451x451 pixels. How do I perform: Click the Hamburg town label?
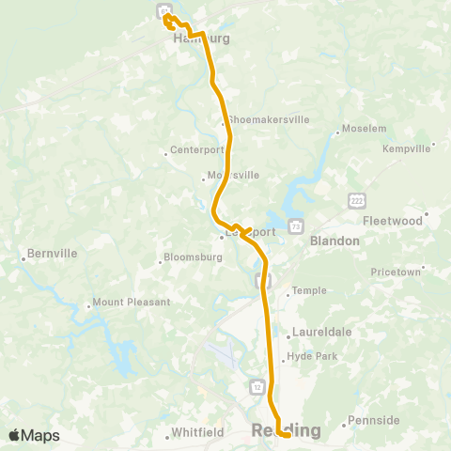(x=194, y=39)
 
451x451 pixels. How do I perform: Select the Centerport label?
(x=196, y=149)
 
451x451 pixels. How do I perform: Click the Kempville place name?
(x=406, y=148)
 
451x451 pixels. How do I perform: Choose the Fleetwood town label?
(x=393, y=221)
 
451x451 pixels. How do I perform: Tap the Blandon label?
(x=334, y=241)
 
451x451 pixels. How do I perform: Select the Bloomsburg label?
(x=192, y=257)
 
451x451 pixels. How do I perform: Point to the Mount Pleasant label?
(x=132, y=303)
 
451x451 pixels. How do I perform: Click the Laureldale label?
(x=321, y=332)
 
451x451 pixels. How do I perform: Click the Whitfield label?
(x=196, y=433)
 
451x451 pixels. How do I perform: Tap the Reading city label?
(x=287, y=430)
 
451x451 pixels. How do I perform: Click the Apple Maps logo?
(x=34, y=434)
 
